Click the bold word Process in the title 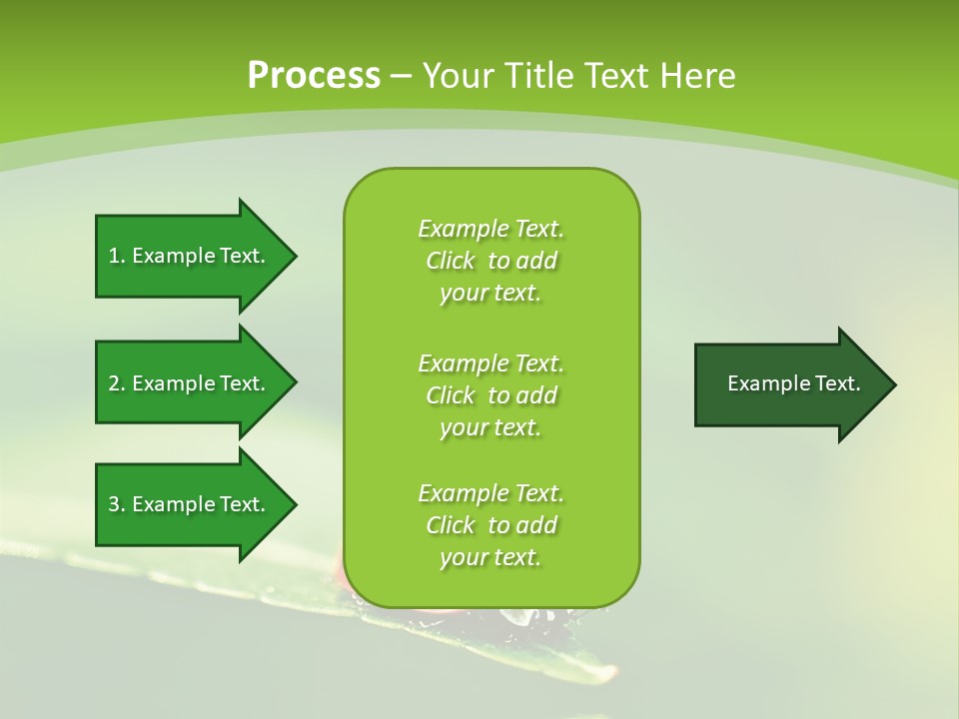tap(314, 75)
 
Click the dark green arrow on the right tap(789, 383)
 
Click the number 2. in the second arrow tap(116, 383)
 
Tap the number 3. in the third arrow tap(116, 504)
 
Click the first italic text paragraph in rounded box tap(490, 261)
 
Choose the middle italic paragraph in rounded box tap(490, 395)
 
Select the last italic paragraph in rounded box tap(490, 525)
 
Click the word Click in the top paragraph tap(451, 261)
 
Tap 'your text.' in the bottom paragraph tap(490, 557)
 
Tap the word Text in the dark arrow tap(837, 383)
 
